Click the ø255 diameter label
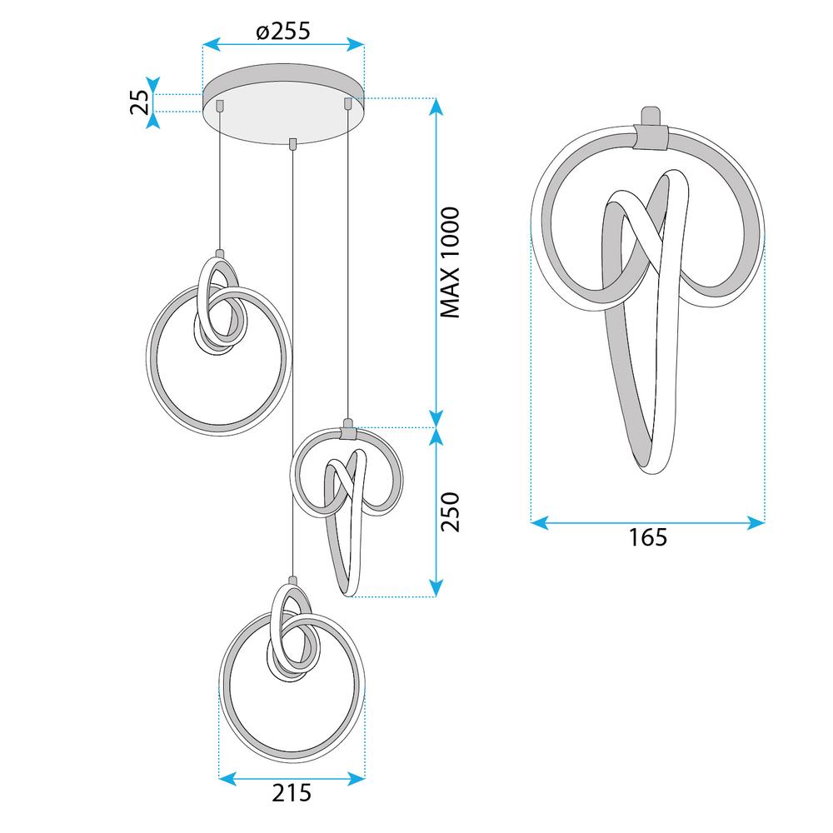tap(282, 32)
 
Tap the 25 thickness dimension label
tap(139, 102)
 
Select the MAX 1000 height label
tap(450, 262)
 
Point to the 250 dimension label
tap(450, 511)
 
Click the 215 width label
tap(292, 793)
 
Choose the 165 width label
tap(647, 537)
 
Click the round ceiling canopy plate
tap(284, 103)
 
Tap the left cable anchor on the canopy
tap(220, 105)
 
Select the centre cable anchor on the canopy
tap(292, 143)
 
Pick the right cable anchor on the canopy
tap(347, 103)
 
